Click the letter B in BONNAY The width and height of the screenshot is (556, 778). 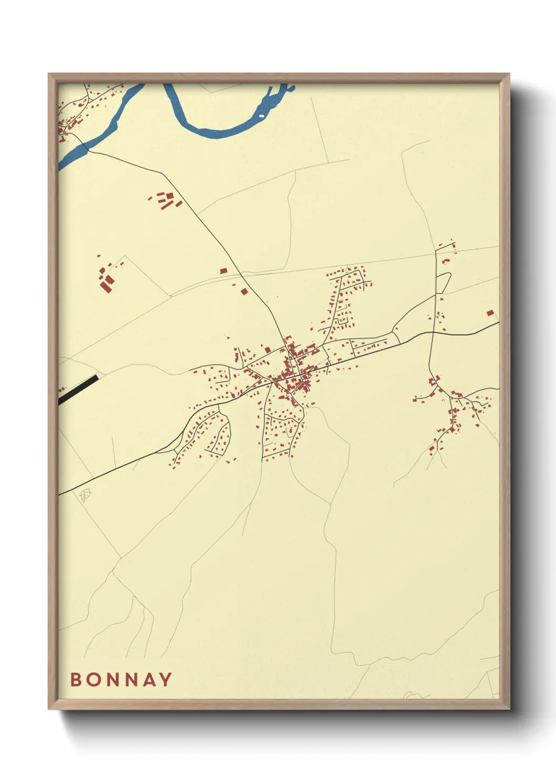coord(75,679)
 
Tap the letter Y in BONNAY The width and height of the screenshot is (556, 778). coord(166,679)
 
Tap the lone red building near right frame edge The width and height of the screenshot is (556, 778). coord(490,313)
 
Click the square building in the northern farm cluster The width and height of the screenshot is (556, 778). coord(170,196)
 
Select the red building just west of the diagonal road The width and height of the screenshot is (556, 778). coord(223,271)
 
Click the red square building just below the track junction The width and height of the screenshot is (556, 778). coord(244,291)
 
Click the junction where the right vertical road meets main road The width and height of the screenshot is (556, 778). coord(432,332)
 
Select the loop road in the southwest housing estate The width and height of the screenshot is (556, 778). coord(218,434)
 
